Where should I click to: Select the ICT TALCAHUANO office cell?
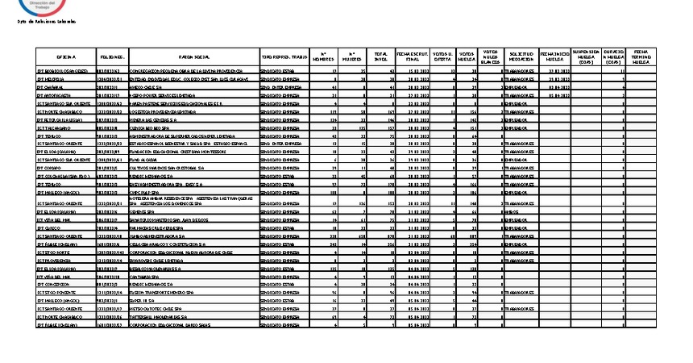click(53, 127)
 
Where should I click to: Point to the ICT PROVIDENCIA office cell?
click(53, 261)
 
